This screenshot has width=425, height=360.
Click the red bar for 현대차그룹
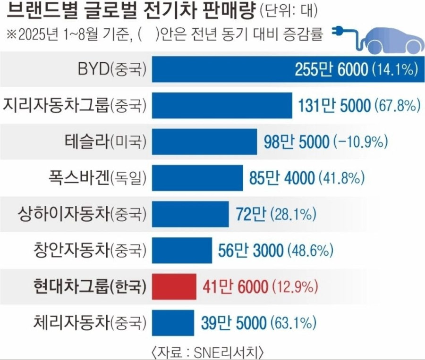tap(174, 285)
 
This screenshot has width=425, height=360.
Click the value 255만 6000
tap(331, 70)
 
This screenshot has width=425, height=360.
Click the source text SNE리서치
tap(233, 352)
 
